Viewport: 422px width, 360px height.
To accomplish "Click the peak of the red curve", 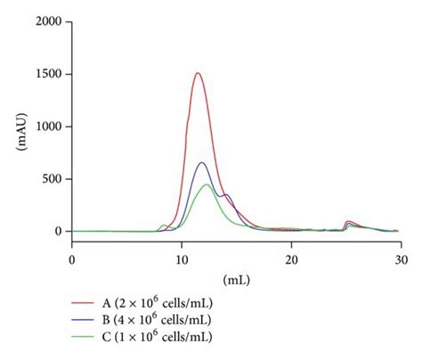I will click(x=198, y=73).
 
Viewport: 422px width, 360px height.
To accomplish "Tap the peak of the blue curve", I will click(x=202, y=162).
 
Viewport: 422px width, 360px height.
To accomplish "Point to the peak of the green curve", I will click(x=207, y=184).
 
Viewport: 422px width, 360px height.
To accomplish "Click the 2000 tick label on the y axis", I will click(x=47, y=20).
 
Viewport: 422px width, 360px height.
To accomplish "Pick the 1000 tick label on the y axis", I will click(x=47, y=126).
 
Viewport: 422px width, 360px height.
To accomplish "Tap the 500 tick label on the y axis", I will click(x=51, y=178).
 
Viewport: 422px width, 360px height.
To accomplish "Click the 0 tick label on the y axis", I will click(x=58, y=232).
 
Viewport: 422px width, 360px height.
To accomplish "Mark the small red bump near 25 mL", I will click(x=350, y=221).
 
